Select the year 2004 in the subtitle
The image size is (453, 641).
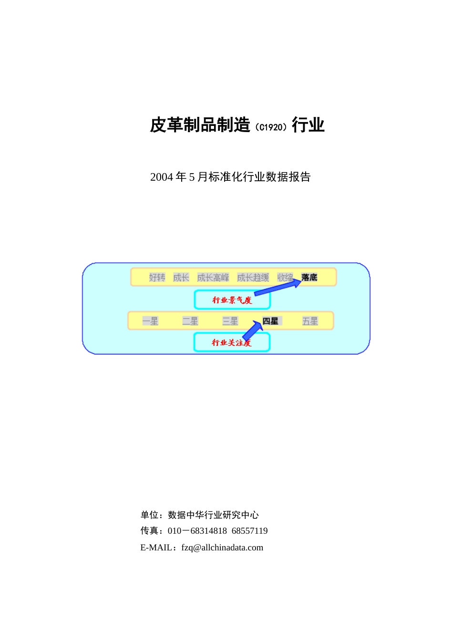coord(161,177)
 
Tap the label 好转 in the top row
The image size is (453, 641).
coord(157,278)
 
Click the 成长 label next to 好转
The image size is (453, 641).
coord(181,278)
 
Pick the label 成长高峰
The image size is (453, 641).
coord(213,278)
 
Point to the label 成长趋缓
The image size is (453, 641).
coord(253,278)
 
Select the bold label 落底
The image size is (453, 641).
coord(309,277)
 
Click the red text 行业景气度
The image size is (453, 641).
coord(232,300)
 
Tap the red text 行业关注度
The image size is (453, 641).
coord(232,342)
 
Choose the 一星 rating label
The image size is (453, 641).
coord(150,321)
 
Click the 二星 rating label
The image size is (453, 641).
coord(190,321)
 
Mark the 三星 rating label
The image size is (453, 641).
coord(230,321)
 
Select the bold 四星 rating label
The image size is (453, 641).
coord(270,321)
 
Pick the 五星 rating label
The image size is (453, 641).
coord(310,321)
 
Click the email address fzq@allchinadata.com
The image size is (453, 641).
coord(222,548)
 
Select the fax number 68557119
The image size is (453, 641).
coord(249,531)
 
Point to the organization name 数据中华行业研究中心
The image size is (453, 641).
coord(213,515)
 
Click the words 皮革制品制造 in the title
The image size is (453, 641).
coord(200,125)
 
